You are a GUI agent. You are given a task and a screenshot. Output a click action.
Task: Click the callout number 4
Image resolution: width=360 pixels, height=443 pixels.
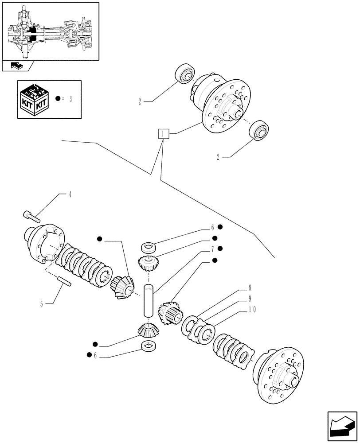[70, 194]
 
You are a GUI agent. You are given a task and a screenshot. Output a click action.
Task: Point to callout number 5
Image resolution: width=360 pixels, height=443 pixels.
[41, 304]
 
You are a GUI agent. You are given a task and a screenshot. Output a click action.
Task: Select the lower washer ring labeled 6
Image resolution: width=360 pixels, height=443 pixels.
[149, 346]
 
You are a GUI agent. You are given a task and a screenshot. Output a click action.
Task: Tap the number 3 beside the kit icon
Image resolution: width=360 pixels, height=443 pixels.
[70, 98]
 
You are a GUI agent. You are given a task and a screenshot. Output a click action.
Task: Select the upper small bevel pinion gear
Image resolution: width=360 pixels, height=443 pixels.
[148, 264]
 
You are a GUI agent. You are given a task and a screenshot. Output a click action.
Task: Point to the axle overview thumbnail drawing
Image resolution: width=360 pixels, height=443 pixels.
[50, 31]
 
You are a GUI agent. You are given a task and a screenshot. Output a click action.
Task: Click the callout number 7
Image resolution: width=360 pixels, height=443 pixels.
[212, 249]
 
